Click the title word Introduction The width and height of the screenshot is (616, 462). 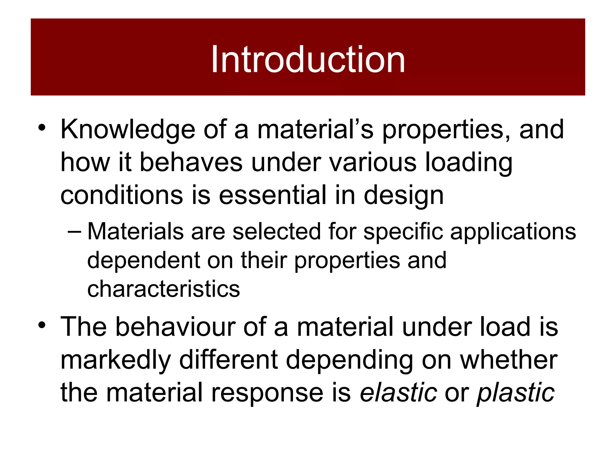coord(308,60)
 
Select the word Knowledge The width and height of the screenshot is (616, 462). coord(128,130)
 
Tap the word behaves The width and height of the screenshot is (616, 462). coord(191,163)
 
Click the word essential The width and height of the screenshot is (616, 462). coord(272,195)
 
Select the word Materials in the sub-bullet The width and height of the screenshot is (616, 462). coord(135,232)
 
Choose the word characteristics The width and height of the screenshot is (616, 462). coord(164,289)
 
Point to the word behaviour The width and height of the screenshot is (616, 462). coord(175,327)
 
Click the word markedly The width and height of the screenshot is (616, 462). coord(116,360)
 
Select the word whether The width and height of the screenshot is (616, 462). coord(509,360)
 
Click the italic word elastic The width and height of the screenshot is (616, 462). coord(399,393)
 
